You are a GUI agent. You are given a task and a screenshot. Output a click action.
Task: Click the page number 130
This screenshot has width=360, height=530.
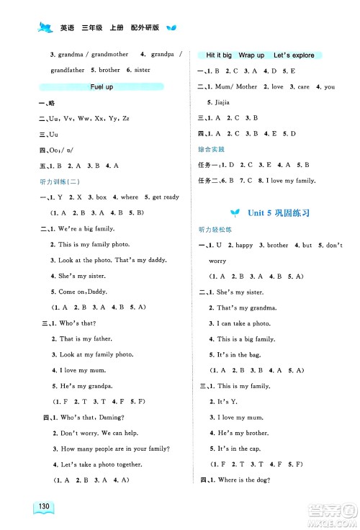point(45,508)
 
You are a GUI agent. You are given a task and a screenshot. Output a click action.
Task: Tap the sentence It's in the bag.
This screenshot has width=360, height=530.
point(239,355)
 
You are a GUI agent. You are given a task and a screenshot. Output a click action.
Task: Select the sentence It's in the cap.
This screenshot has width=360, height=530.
point(239,448)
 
